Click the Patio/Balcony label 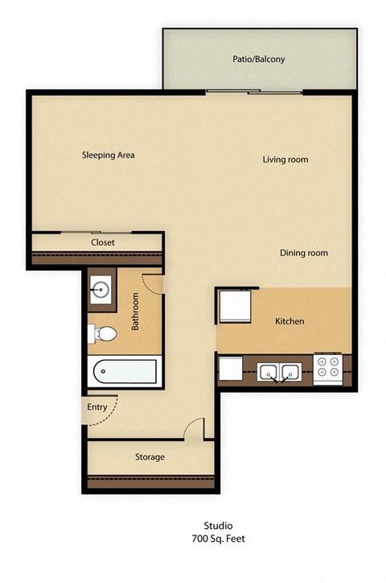click(259, 60)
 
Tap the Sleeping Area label click(108, 155)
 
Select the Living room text click(285, 159)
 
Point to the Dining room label click(304, 253)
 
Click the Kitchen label click(289, 322)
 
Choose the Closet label click(102, 242)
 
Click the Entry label click(97, 407)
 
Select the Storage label click(150, 457)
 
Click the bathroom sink click(101, 287)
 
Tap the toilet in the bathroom click(104, 333)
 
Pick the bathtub click(125, 372)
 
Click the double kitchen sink click(279, 372)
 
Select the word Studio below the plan click(193, 524)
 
